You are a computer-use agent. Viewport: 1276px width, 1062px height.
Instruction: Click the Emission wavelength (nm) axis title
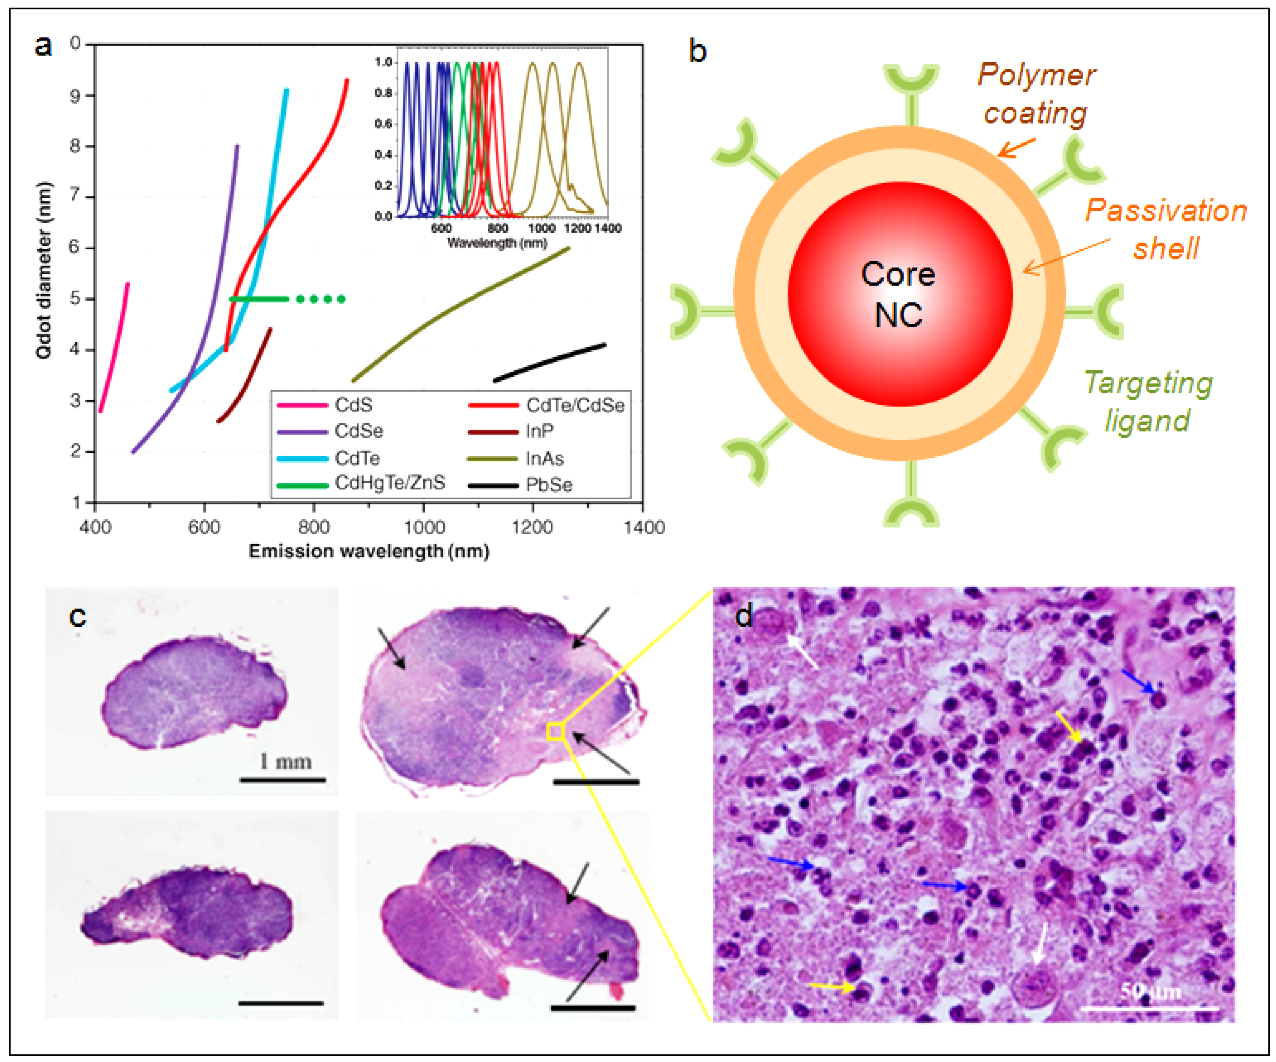pyautogui.click(x=369, y=551)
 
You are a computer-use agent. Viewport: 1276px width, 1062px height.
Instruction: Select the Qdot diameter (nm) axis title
pyautogui.click(x=44, y=271)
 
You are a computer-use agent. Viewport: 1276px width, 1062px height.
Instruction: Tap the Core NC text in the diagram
pyautogui.click(x=898, y=295)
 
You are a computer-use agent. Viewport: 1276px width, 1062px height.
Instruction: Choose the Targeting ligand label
pyautogui.click(x=1147, y=402)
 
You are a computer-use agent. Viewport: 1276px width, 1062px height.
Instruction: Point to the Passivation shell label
pyautogui.click(x=1166, y=229)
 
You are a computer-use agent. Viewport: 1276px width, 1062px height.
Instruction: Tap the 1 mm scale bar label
pyautogui.click(x=286, y=761)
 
